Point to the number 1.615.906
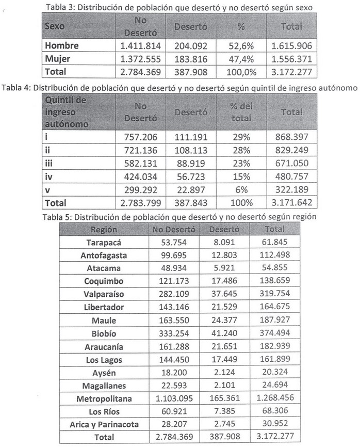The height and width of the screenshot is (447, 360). pyautogui.click(x=291, y=45)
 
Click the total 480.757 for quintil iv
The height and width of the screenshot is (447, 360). pyautogui.click(x=291, y=177)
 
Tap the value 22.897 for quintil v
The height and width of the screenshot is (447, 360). pyautogui.click(x=191, y=190)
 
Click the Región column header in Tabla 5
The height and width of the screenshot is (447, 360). pyautogui.click(x=103, y=229)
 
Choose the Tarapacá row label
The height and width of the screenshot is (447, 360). pyautogui.click(x=103, y=242)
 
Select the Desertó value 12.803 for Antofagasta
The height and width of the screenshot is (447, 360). pyautogui.click(x=224, y=255)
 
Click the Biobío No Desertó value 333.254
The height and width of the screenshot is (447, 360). pyautogui.click(x=176, y=333)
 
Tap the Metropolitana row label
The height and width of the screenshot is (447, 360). pyautogui.click(x=103, y=399)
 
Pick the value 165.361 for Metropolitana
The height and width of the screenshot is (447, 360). pyautogui.click(x=224, y=399)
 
